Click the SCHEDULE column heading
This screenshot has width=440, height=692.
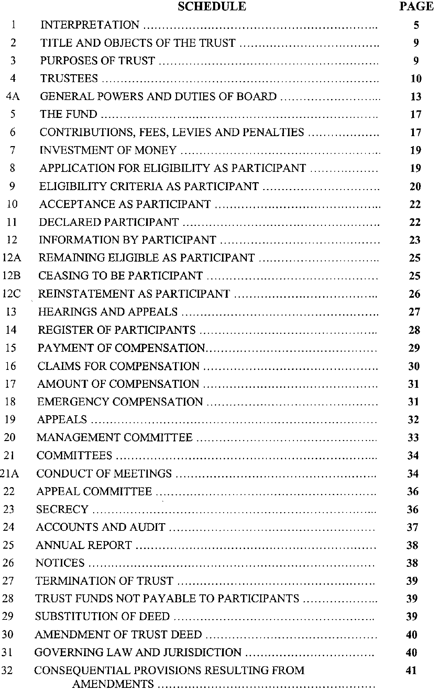[x=212, y=6]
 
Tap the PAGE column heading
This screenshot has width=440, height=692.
[x=416, y=6]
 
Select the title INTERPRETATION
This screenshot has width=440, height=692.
[x=90, y=25]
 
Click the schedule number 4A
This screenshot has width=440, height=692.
[x=13, y=96]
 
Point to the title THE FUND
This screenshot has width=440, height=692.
[x=69, y=114]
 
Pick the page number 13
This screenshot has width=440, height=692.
[x=416, y=97]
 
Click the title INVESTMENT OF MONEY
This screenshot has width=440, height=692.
[x=108, y=150]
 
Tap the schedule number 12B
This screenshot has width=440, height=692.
[x=11, y=276]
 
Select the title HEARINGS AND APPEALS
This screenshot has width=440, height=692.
[x=108, y=312]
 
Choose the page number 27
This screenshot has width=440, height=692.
[x=415, y=312]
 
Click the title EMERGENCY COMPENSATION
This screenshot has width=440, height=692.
[x=120, y=402]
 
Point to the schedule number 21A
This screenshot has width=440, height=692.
[x=9, y=473]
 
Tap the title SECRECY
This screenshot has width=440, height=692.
[x=62, y=509]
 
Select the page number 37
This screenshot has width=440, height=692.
[x=412, y=527]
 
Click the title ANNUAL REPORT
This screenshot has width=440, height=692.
[x=84, y=545]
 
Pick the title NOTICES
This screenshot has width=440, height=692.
[x=60, y=563]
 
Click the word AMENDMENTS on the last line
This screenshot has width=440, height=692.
[x=113, y=684]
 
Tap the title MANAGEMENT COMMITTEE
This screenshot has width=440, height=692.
[x=114, y=437]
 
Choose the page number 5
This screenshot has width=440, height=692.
[x=416, y=25]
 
